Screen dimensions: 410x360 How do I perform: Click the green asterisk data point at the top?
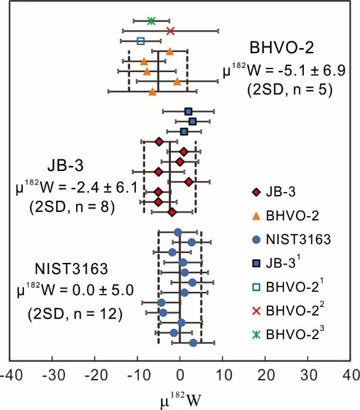click(x=152, y=20)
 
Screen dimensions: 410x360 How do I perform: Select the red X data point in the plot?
click(x=170, y=30)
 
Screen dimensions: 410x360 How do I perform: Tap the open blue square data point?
click(x=140, y=41)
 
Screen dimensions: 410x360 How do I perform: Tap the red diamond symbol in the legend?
click(x=256, y=192)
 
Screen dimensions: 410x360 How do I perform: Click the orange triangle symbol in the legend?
click(x=256, y=216)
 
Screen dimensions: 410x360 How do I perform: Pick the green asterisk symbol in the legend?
click(x=256, y=334)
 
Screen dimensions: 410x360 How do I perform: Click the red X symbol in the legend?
click(x=256, y=310)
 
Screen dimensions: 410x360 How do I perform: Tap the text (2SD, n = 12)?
click(x=75, y=313)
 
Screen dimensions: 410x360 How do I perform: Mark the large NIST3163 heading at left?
click(x=71, y=269)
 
